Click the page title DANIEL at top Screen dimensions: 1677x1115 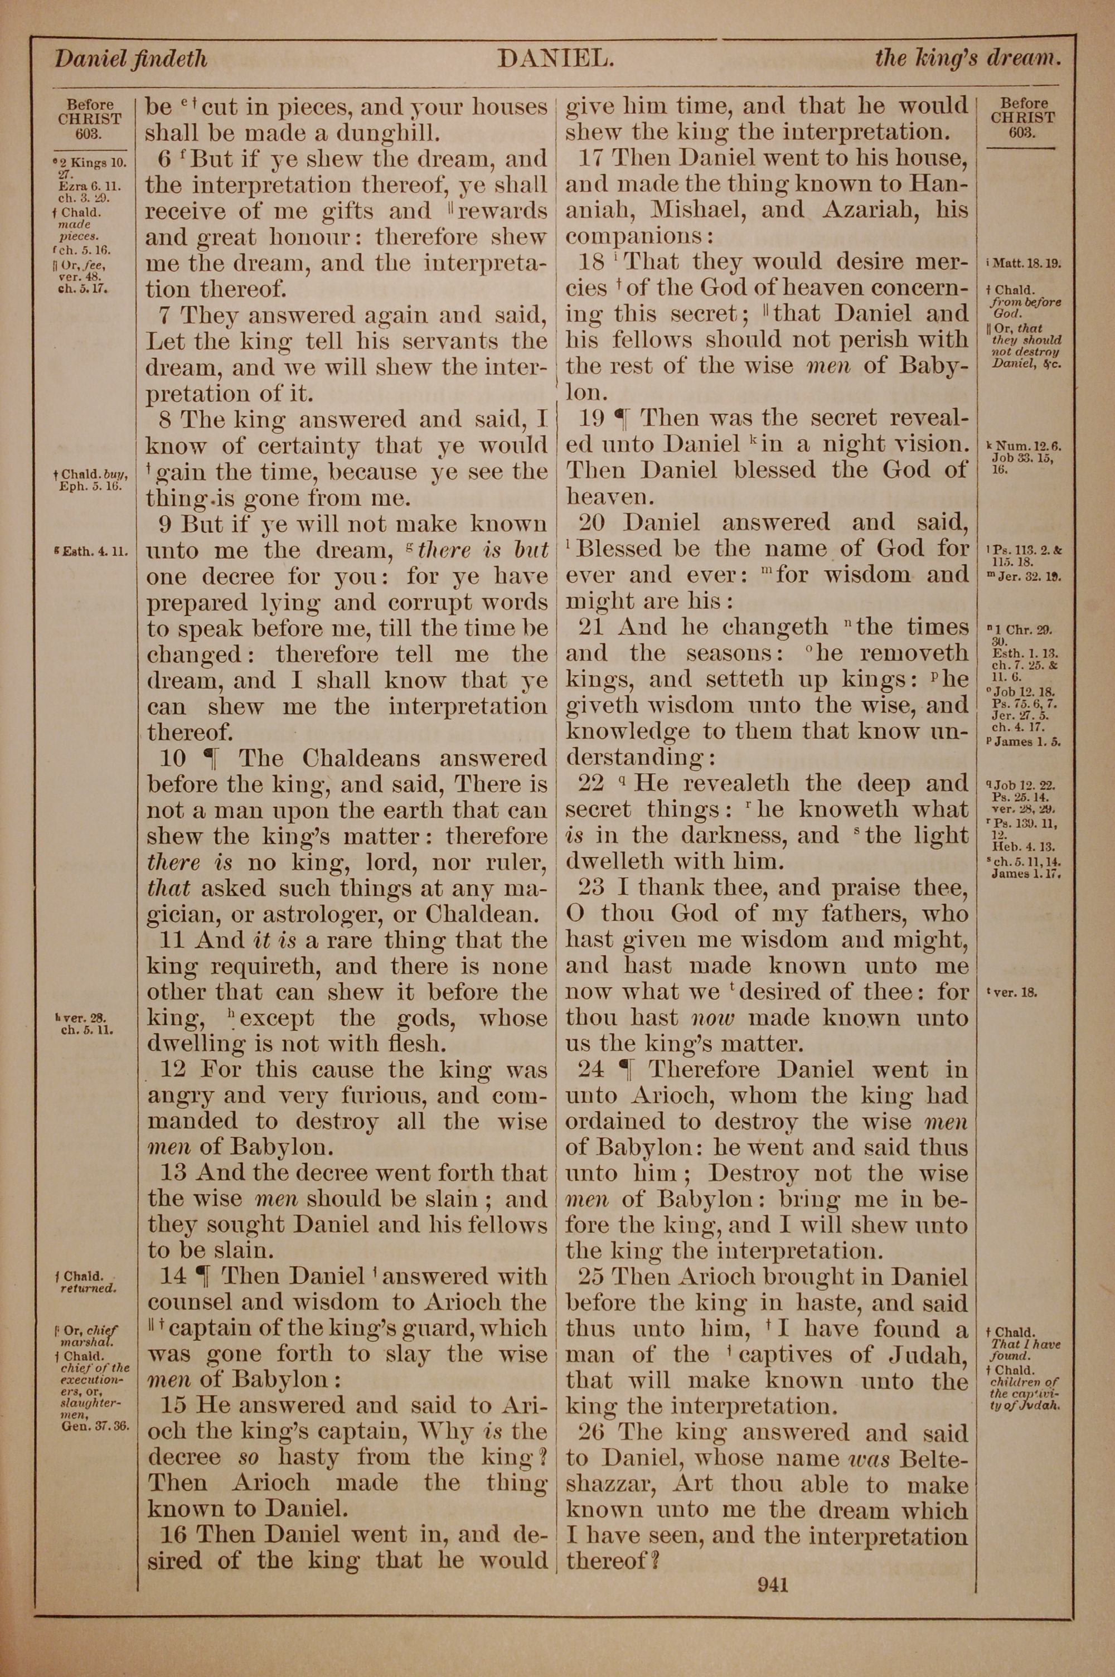click(x=555, y=59)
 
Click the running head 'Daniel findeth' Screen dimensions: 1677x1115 click(x=131, y=59)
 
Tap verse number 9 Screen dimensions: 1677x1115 click(x=165, y=525)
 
